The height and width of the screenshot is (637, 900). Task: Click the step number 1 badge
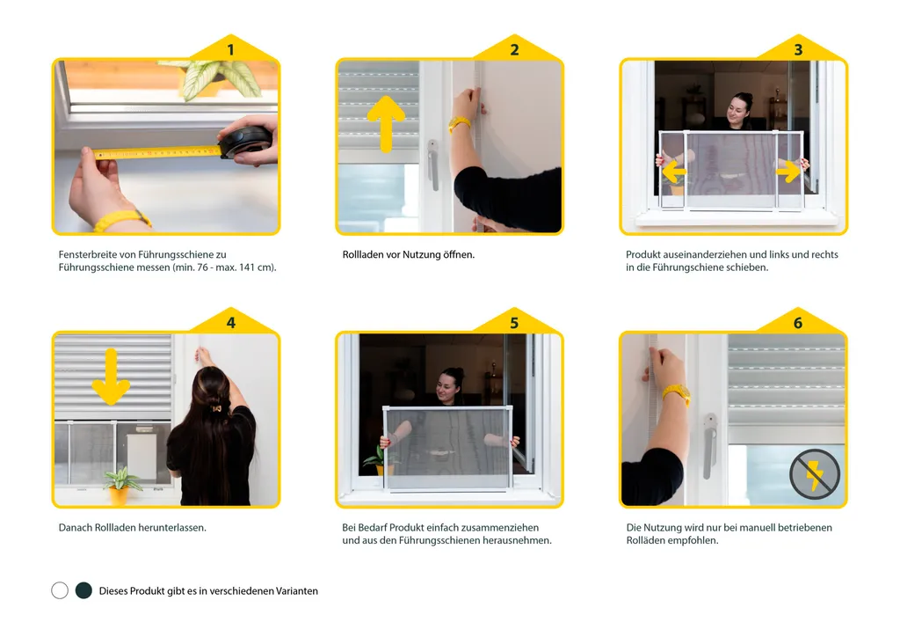point(231,50)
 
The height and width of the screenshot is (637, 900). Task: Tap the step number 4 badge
point(231,323)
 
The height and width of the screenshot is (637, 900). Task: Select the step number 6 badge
point(798,323)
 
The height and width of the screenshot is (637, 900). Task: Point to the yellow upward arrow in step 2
point(386,123)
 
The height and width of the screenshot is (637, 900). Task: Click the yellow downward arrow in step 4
point(111,377)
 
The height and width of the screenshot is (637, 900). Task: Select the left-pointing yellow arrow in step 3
point(674,172)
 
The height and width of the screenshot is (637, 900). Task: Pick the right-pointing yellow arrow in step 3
point(788,172)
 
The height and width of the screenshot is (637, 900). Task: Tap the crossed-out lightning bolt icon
point(815,474)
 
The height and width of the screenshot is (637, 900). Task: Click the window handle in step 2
point(432,165)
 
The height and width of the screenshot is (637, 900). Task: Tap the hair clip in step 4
point(216,408)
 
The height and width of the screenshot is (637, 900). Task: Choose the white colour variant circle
point(60,590)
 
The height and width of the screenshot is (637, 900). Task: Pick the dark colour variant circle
point(83,590)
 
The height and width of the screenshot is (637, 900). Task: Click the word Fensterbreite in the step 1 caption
point(88,254)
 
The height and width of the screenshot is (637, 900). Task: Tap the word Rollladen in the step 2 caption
point(363,254)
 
